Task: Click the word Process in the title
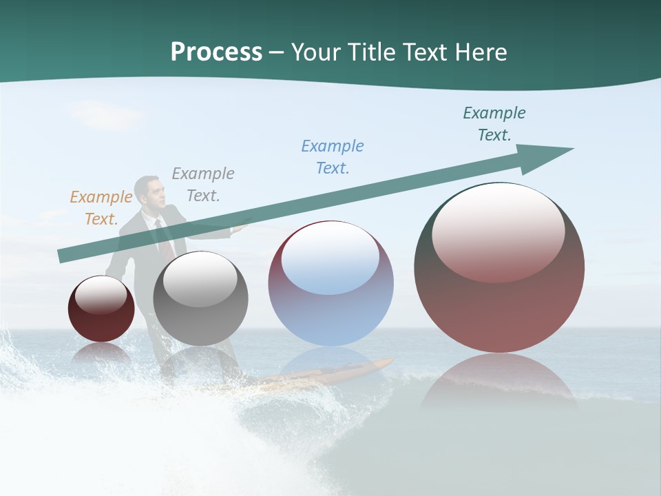pyautogui.click(x=216, y=52)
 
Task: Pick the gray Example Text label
pyautogui.click(x=203, y=185)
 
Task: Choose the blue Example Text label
pyautogui.click(x=333, y=157)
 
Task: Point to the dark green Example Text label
pyautogui.click(x=494, y=124)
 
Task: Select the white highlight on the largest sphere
pyautogui.click(x=499, y=231)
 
